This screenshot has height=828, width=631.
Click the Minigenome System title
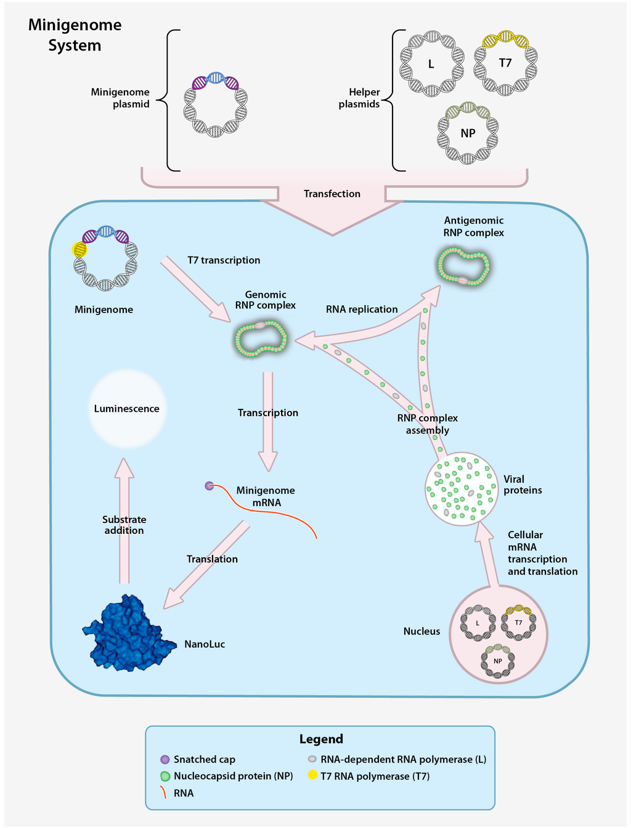click(x=75, y=35)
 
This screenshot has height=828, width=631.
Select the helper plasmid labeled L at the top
click(x=431, y=64)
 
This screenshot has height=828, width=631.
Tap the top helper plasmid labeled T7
click(x=505, y=63)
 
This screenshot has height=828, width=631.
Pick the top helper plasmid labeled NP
click(x=468, y=133)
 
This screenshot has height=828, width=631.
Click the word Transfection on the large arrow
click(x=332, y=194)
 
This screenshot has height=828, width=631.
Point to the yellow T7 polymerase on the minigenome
click(x=79, y=250)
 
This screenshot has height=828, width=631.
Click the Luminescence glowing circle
click(x=127, y=409)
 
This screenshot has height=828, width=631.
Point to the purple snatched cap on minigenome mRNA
click(x=210, y=486)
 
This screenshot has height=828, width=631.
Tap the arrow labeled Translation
click(x=206, y=564)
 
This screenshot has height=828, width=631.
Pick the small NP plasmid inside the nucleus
click(x=498, y=661)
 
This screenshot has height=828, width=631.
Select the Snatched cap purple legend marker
click(x=165, y=760)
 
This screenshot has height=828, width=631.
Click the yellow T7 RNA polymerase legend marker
click(x=312, y=776)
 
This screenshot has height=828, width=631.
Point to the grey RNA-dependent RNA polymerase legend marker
click(x=312, y=760)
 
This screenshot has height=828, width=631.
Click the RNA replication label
click(x=362, y=309)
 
